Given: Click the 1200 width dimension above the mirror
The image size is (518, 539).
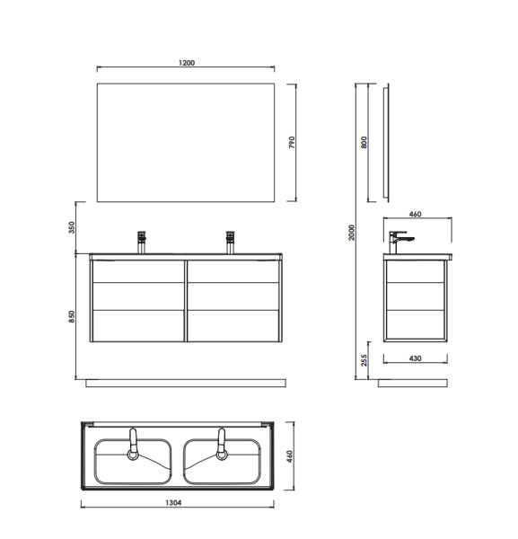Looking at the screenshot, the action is point(187,63).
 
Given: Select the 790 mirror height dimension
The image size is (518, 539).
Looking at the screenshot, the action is point(292,142).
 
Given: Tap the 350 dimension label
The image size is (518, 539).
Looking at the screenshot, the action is point(72,227).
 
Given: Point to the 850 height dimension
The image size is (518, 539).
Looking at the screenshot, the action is point(72,316).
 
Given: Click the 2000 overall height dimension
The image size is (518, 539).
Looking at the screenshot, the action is point(351,233).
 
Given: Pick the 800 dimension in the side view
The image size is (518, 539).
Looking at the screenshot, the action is point(364,142).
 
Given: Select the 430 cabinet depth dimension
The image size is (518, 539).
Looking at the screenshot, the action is point(415,358).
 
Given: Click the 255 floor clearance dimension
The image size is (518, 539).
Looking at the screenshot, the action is point(364,360).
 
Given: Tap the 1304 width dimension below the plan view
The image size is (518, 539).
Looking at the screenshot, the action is point(173,503).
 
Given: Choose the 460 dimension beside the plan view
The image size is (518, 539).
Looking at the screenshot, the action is point(290,456).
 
